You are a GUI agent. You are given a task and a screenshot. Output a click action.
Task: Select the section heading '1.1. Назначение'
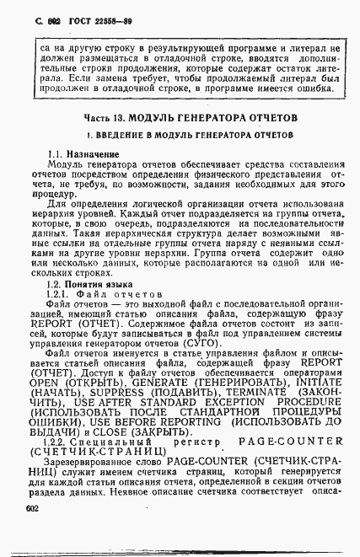point(83,154)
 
